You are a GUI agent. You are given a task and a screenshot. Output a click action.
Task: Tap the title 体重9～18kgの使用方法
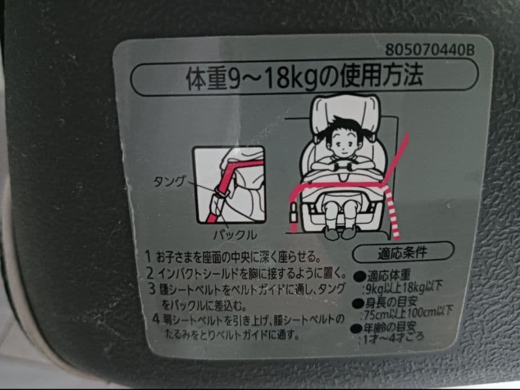click(304, 78)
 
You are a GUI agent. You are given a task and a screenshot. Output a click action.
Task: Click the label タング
click(169, 181)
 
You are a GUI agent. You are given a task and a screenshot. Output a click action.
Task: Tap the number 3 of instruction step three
click(152, 291)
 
